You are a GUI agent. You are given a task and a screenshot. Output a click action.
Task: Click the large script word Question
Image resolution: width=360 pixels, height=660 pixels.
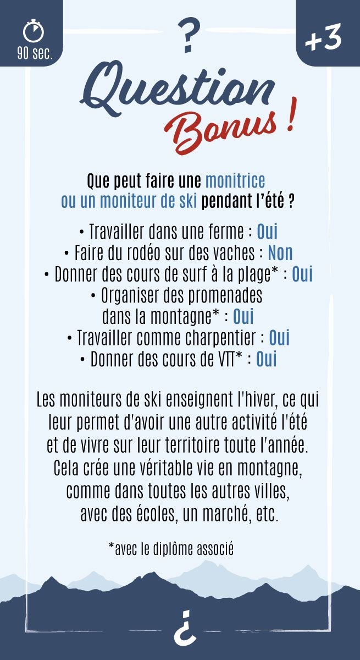(179, 88)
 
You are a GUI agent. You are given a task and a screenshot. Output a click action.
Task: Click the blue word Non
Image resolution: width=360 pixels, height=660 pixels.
(280, 252)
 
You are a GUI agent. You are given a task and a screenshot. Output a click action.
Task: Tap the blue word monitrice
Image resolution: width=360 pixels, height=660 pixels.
(235, 180)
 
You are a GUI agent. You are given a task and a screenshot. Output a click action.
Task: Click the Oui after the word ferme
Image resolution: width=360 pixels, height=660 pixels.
(267, 231)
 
